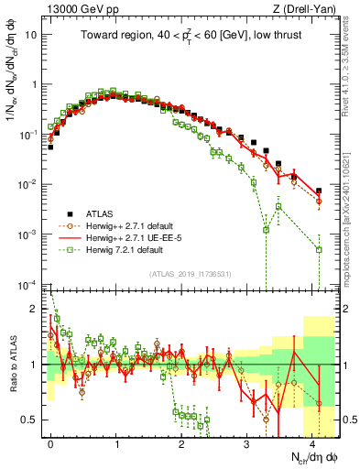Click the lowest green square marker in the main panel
pos(319,249)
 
